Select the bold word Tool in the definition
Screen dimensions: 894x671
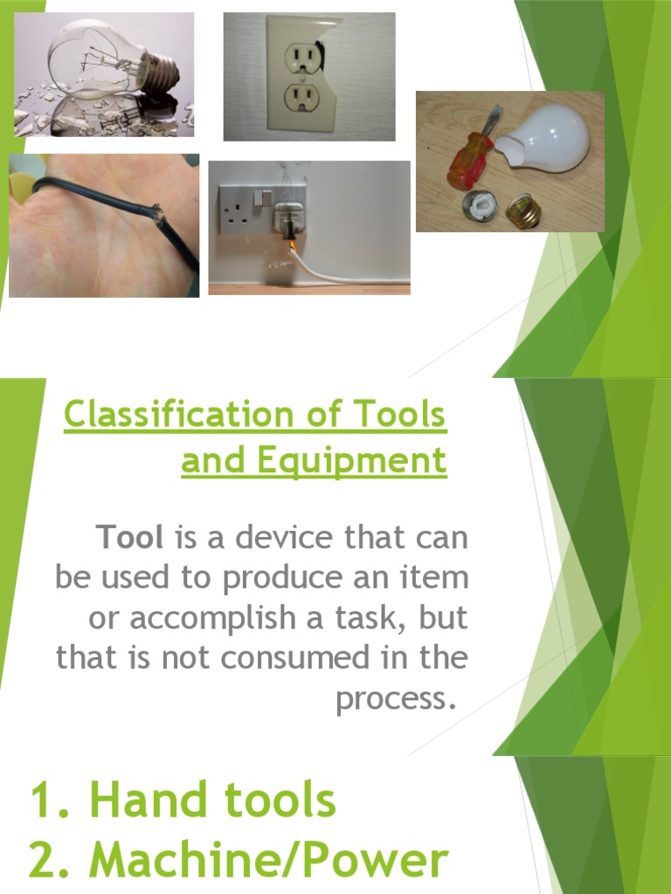point(131,537)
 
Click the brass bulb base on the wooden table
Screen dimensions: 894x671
point(522,210)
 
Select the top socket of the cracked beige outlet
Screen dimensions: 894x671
point(302,58)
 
